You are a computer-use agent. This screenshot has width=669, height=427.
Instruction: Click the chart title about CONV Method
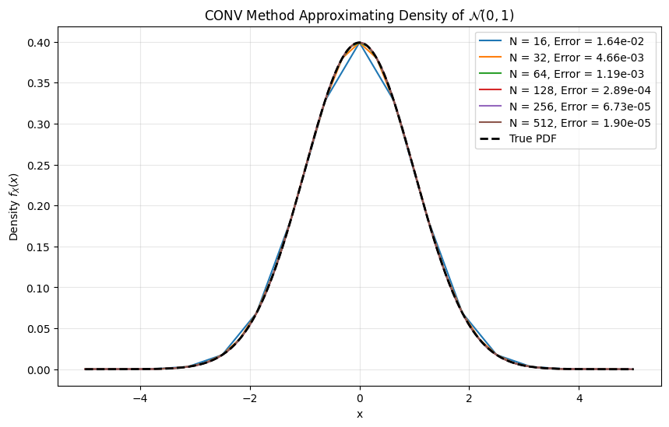coord(359,15)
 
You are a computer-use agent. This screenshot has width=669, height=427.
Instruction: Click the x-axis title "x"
coord(360,415)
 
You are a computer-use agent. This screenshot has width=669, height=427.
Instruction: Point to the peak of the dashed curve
coord(360,43)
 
